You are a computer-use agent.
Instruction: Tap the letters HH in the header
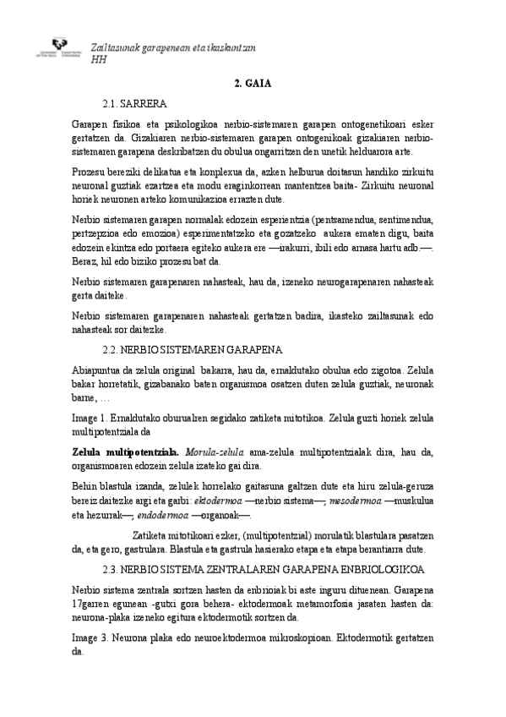click(99, 60)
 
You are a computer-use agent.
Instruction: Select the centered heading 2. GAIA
click(252, 84)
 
